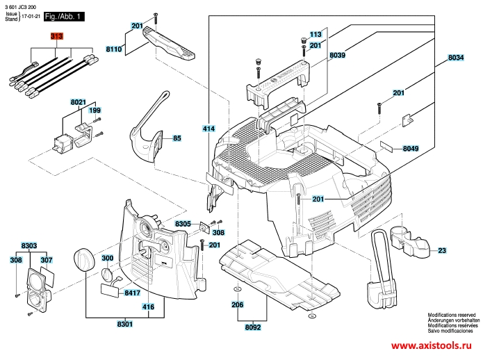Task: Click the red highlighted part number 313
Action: click(x=56, y=35)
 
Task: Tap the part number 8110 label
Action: click(x=114, y=49)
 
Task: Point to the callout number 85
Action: click(x=177, y=138)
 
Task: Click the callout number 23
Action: click(x=442, y=250)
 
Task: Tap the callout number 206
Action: click(x=237, y=304)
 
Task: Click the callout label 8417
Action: click(x=132, y=293)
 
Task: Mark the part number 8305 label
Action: click(x=183, y=224)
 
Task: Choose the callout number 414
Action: click(x=208, y=129)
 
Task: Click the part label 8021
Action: click(x=78, y=102)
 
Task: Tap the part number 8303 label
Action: click(x=29, y=246)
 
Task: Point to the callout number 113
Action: click(x=316, y=34)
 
